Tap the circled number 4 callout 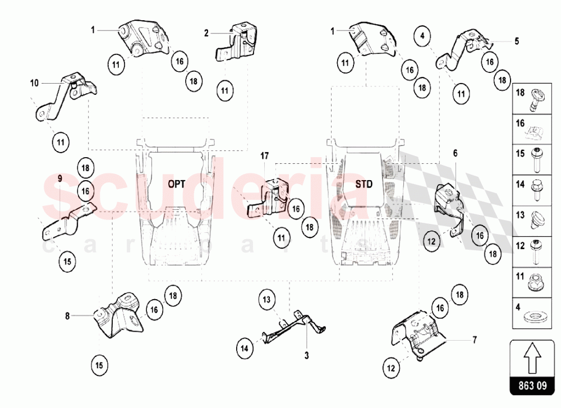pyautogui.click(x=422, y=35)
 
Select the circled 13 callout pyautogui.click(x=268, y=300)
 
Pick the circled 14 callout pyautogui.click(x=245, y=348)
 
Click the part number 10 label pyautogui.click(x=35, y=82)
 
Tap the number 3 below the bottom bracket pyautogui.click(x=307, y=355)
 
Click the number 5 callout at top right pyautogui.click(x=517, y=41)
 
